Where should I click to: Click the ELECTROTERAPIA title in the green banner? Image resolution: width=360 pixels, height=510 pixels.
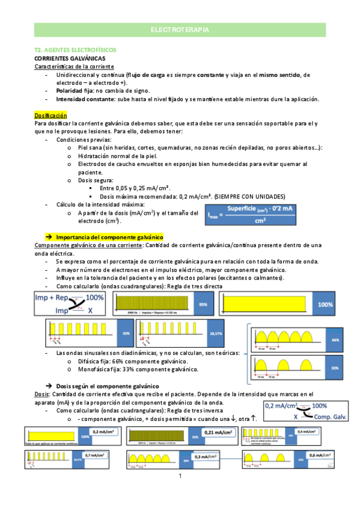click(180, 29)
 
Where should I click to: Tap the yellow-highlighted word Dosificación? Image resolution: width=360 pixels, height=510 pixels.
click(50, 114)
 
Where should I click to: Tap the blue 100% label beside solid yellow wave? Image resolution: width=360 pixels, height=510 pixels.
click(325, 304)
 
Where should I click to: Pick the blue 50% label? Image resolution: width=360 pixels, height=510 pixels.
click(126, 333)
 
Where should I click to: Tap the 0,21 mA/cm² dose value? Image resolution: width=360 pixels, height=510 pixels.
click(219, 432)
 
